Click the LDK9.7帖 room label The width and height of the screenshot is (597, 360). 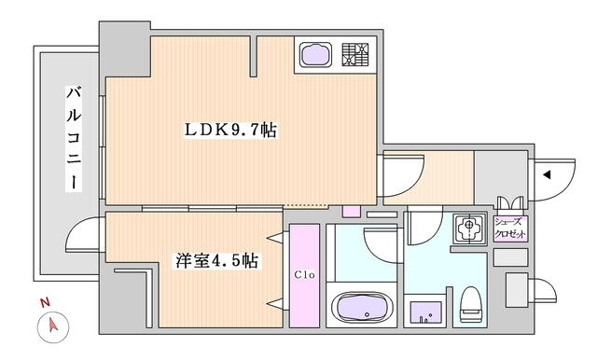[x=230, y=131]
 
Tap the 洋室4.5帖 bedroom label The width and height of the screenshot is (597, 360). [x=216, y=261]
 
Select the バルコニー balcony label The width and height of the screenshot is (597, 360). [x=74, y=138]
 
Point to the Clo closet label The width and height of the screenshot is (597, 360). [x=304, y=274]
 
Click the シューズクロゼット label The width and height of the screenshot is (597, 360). [x=510, y=228]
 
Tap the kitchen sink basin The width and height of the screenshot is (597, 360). [x=315, y=55]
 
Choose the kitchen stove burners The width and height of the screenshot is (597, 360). [x=355, y=55]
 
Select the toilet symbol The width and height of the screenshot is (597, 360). [x=471, y=305]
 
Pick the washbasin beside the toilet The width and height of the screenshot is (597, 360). [x=425, y=312]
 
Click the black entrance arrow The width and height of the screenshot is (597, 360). [x=547, y=175]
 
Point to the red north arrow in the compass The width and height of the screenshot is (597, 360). [x=53, y=325]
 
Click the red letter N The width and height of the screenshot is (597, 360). [x=46, y=303]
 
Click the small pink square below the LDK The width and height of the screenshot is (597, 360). [x=351, y=211]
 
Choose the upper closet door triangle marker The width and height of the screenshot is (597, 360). [x=275, y=238]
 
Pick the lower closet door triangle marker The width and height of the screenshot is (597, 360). [x=275, y=303]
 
